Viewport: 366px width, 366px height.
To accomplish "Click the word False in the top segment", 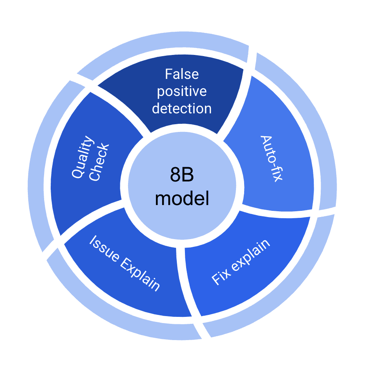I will (x=182, y=74).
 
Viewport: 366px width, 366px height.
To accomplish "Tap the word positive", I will (x=182, y=91).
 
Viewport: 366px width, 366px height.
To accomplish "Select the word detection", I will (x=182, y=108).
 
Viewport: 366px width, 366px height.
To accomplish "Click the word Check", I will (x=99, y=162).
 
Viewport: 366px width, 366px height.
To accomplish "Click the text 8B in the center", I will (x=182, y=176).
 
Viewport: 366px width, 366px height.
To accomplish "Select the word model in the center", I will (x=182, y=199).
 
